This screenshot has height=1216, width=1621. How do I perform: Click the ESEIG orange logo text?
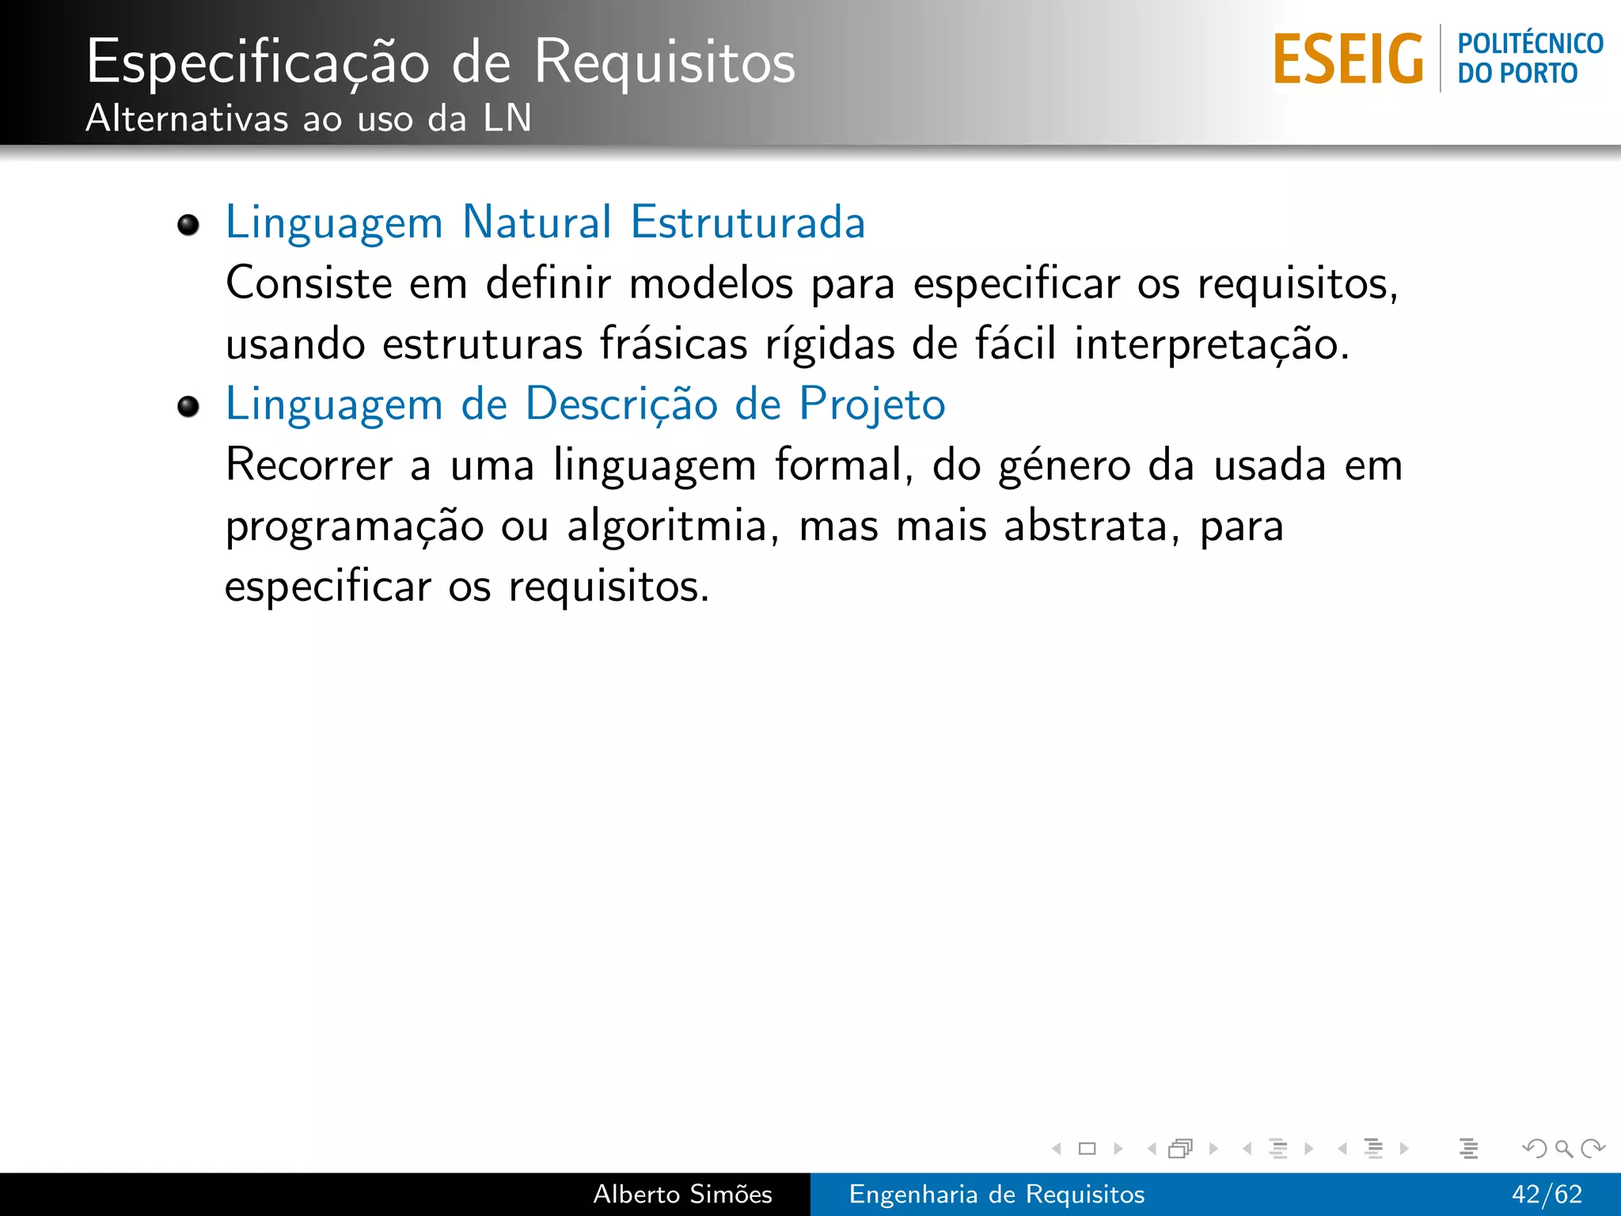1348,59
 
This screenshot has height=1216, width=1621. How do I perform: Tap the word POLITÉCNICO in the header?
1530,43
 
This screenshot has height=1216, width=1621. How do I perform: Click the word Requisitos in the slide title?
664,62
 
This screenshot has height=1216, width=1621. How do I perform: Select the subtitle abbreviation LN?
507,119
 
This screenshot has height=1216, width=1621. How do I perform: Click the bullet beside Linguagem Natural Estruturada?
188,225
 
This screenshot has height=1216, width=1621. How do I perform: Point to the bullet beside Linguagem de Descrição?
188,407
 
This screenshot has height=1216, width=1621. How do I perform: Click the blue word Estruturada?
747,222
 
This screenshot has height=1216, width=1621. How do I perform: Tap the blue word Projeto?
871,405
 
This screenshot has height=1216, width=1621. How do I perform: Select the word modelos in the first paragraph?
711,283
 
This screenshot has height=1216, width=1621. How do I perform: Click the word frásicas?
673,344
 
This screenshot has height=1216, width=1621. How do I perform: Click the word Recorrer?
309,465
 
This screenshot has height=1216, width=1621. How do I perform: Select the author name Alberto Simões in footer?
682,1194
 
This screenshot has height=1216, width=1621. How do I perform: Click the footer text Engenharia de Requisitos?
997,1194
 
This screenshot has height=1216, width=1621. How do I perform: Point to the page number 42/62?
1547,1194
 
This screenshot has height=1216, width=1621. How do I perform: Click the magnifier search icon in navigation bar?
1563,1148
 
